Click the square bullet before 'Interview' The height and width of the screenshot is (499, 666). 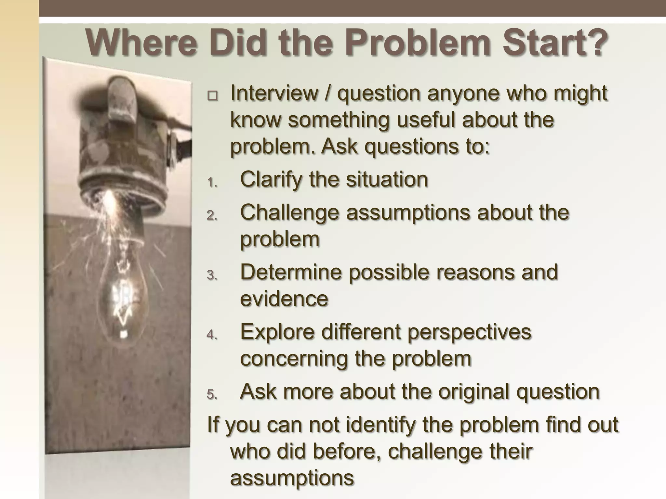213,96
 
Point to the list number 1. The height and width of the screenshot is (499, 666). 212,183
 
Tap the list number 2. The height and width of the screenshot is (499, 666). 212,216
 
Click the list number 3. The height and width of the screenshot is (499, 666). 212,275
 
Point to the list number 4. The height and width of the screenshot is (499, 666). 212,335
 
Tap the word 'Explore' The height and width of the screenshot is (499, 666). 278,332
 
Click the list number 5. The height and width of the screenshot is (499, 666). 212,395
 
